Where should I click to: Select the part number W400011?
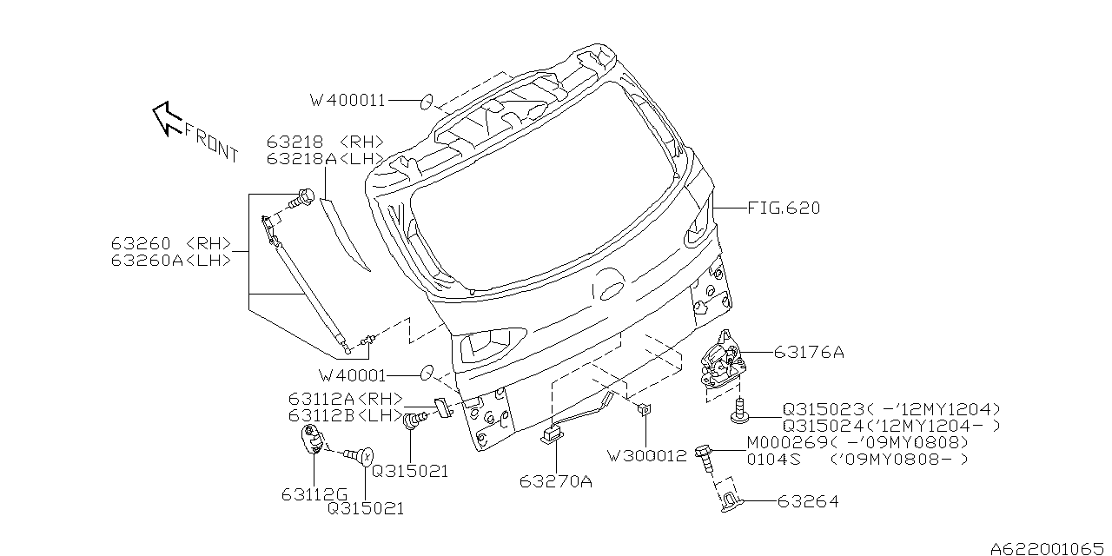[347, 101]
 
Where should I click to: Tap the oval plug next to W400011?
[427, 102]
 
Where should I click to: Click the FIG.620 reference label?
[783, 208]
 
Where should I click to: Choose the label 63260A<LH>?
[170, 260]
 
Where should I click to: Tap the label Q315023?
[823, 408]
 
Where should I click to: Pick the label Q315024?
[823, 425]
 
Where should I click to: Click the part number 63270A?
[556, 480]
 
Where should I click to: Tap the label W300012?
[647, 455]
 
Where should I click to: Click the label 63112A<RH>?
[346, 399]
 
